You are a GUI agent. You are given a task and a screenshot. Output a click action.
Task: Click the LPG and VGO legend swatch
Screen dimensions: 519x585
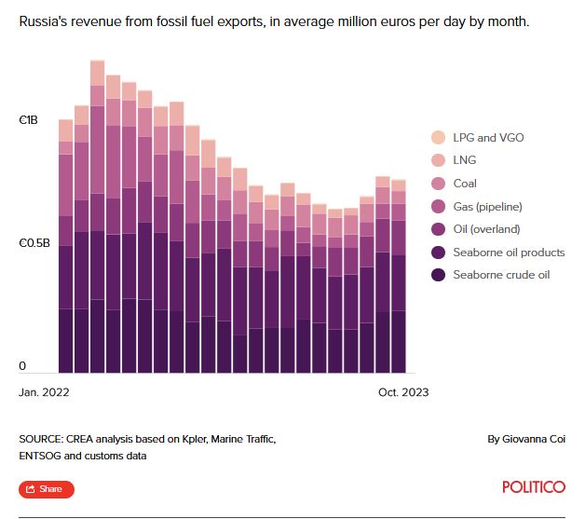(438, 138)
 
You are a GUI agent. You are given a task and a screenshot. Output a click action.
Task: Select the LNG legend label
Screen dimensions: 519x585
(465, 160)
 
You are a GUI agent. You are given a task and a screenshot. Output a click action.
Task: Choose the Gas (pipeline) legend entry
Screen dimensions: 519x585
(486, 206)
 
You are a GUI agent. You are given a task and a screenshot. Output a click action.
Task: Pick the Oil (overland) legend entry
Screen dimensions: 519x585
(486, 229)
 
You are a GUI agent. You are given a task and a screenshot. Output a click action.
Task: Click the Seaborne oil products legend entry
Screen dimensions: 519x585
(509, 252)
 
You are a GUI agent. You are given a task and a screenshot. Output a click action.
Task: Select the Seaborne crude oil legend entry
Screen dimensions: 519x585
(501, 275)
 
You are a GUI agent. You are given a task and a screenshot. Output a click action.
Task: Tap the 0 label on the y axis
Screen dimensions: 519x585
(22, 366)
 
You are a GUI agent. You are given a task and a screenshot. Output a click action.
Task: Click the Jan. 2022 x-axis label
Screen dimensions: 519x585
(44, 392)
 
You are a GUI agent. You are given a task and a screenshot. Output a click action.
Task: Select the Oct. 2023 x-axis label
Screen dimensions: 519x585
(403, 392)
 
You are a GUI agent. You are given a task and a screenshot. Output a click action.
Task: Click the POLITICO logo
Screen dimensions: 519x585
(533, 487)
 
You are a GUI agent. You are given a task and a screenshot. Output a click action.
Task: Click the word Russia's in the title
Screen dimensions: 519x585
(47, 20)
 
